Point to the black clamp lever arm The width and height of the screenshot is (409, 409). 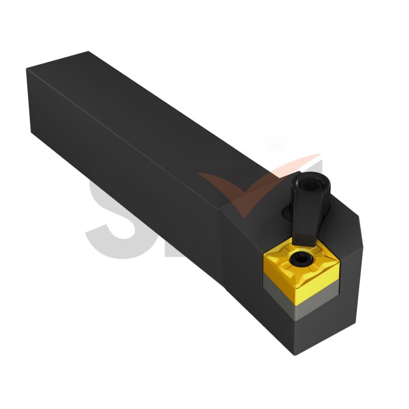pos(304,210)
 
